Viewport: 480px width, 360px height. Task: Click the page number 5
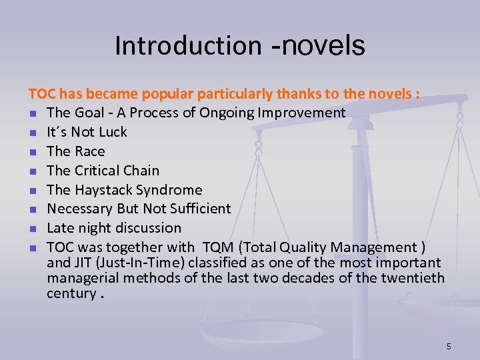(x=449, y=346)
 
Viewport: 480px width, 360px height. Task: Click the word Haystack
(x=102, y=190)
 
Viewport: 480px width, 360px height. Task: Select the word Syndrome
(x=169, y=190)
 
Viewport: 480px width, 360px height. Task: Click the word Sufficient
(x=197, y=209)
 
